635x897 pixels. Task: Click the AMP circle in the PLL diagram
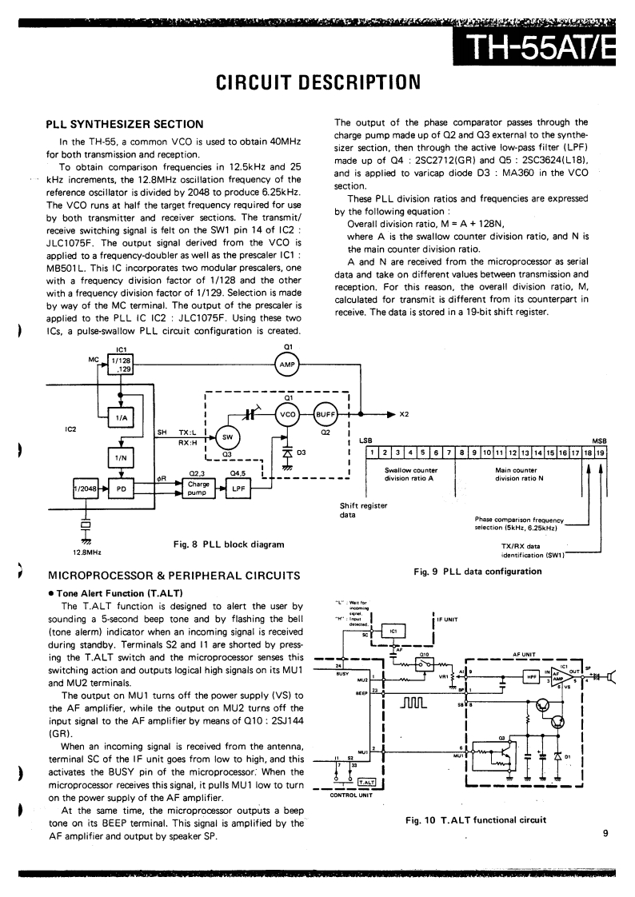287,365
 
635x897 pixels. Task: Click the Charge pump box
198,488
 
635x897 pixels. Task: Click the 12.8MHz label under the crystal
82,552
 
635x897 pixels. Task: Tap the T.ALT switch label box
366,781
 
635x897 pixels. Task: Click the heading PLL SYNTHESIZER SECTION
124,124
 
